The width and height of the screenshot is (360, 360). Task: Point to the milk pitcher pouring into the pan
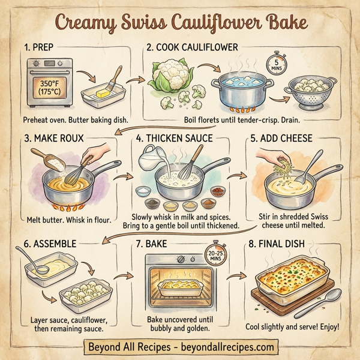[x=151, y=161]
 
